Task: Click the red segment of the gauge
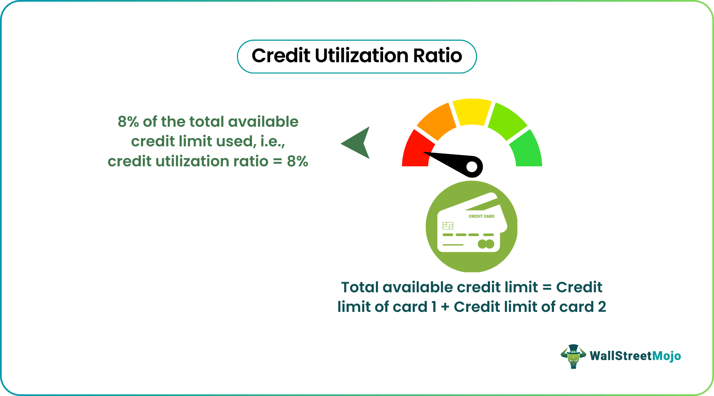pos(416,151)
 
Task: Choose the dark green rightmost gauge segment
pos(528,151)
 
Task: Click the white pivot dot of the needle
pos(472,167)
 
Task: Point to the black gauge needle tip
pos(424,153)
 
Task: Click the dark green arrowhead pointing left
pos(357,143)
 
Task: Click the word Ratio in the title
pos(437,56)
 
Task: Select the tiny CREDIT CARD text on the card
pos(481,216)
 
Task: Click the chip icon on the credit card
pos(448,226)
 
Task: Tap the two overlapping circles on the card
pos(486,244)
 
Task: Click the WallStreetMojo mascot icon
pos(573,356)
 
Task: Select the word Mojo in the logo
pos(667,356)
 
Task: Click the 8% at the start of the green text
pos(128,122)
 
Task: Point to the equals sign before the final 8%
pos(278,162)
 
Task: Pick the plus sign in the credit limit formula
pos(445,307)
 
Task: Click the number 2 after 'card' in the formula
pos(602,307)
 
